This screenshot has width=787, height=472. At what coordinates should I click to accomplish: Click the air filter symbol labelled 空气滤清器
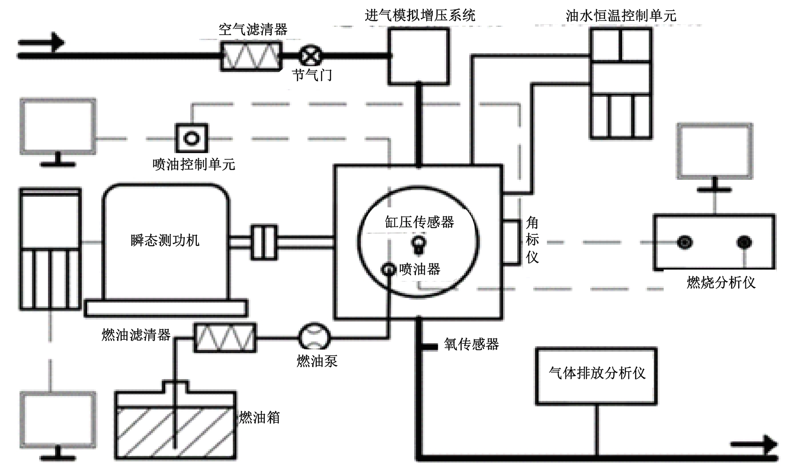[251, 56]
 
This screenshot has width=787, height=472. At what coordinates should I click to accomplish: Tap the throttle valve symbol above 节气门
[311, 56]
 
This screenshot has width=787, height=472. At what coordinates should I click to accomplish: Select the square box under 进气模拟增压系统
[419, 56]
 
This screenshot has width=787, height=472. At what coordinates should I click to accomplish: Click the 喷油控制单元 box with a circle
[192, 138]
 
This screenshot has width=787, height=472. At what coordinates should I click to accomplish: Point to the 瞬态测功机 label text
[165, 241]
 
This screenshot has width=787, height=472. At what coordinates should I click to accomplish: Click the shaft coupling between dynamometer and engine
[264, 242]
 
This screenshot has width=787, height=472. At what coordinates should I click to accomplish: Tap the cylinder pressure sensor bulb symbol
[419, 244]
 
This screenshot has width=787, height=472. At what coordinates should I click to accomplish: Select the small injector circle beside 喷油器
[389, 269]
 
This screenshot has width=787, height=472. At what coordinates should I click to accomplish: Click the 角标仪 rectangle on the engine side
[511, 242]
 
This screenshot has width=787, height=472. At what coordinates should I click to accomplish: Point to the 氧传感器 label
[471, 345]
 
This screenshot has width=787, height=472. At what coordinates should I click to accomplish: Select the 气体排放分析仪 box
[596, 376]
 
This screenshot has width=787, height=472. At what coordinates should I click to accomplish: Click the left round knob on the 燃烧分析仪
[684, 242]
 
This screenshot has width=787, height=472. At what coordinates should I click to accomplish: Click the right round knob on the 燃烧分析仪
[744, 242]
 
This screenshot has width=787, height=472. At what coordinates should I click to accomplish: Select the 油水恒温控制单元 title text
[621, 16]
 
